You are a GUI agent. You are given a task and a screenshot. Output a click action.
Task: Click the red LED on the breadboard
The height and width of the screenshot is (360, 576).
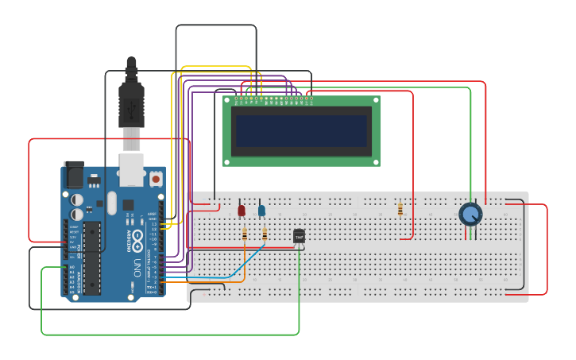click(242, 210)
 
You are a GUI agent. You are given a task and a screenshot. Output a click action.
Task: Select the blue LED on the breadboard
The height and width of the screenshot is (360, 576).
click(261, 210)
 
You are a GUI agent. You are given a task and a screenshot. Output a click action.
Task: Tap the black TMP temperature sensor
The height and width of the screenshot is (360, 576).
click(299, 236)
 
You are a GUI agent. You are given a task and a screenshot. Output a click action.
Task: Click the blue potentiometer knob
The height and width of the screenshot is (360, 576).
click(470, 214)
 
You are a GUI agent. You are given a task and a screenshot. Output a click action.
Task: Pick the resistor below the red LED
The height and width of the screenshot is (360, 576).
click(244, 234)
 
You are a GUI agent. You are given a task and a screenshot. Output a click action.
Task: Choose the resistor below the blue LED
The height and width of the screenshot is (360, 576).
click(265, 234)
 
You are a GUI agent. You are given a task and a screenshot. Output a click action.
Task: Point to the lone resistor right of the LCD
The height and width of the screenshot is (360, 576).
click(400, 209)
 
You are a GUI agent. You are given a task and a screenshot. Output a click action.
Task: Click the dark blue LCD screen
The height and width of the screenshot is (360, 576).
click(301, 130)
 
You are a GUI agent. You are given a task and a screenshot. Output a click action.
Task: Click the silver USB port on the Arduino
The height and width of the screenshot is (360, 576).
click(131, 169)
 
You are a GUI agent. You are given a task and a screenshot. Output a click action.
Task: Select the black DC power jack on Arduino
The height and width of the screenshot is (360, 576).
click(73, 173)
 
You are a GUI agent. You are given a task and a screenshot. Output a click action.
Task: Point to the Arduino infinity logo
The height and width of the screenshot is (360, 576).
click(136, 238)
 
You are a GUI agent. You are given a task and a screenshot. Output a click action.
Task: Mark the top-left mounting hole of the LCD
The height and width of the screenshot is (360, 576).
click(226, 101)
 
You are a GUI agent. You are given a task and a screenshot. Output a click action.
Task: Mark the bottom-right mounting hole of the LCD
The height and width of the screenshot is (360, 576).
click(376, 161)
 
